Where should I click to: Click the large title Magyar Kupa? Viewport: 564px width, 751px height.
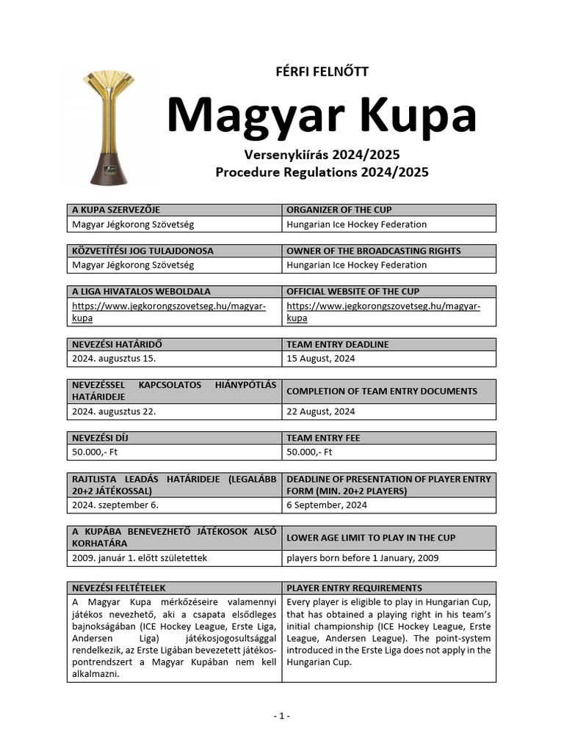[x=321, y=115]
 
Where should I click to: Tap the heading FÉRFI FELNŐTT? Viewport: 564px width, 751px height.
[x=321, y=71]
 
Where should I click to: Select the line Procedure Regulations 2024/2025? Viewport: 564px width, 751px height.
[x=321, y=173]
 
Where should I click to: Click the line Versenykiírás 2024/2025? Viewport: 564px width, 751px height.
[x=321, y=155]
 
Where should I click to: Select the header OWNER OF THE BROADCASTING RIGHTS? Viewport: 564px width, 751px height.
[x=373, y=251]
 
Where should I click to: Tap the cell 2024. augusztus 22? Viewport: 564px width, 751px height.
[x=114, y=411]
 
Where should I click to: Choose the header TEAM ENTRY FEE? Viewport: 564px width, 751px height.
[x=323, y=438]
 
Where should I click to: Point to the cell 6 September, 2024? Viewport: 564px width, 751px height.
[x=327, y=505]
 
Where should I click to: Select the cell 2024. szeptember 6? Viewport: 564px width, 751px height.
[x=115, y=505]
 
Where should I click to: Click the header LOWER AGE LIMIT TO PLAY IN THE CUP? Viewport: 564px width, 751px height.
[x=370, y=538]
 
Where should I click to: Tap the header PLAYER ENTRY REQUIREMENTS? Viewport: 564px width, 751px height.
[x=354, y=588]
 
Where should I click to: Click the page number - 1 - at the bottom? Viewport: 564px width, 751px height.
[x=281, y=716]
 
